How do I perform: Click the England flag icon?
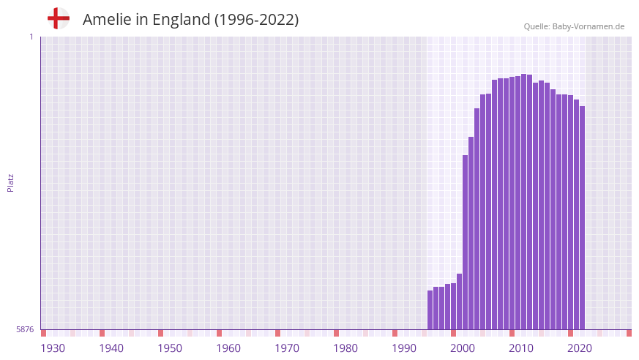click(x=58, y=18)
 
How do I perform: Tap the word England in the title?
click(x=181, y=20)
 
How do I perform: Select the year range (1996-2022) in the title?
click(x=256, y=20)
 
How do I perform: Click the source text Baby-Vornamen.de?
click(x=588, y=26)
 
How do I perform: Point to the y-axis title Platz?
click(x=10, y=183)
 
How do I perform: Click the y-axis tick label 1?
click(x=31, y=37)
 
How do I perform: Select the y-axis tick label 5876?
click(x=25, y=330)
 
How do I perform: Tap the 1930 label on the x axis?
click(x=53, y=348)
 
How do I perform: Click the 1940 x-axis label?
click(x=111, y=348)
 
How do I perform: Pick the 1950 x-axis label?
click(x=170, y=348)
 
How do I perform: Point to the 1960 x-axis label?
click(x=228, y=348)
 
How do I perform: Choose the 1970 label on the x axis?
click(x=287, y=348)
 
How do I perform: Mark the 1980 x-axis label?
click(x=345, y=348)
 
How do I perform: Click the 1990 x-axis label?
click(x=404, y=348)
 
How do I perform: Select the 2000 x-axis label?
click(x=463, y=348)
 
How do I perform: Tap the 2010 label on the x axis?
click(x=521, y=348)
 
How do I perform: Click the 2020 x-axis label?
click(x=580, y=348)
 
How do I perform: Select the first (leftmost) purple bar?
click(x=430, y=310)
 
